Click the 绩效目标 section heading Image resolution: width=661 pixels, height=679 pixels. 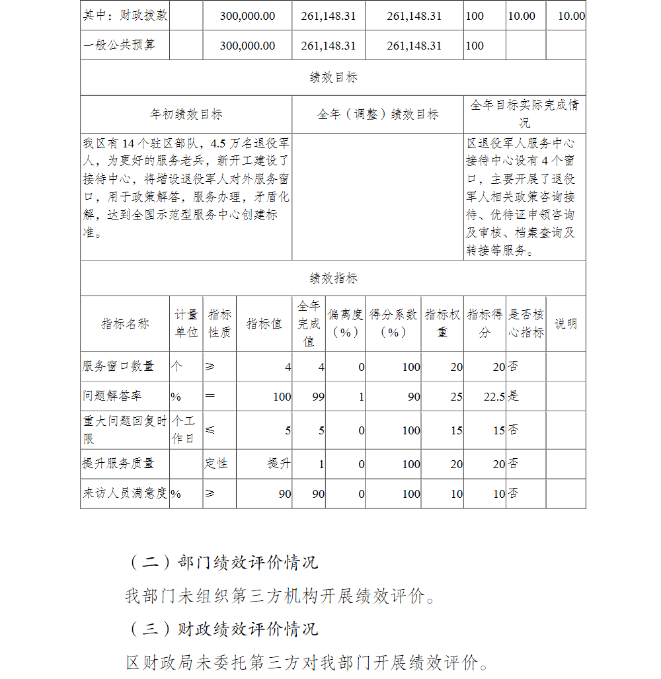point(333,77)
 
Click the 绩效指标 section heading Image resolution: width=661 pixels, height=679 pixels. point(333,278)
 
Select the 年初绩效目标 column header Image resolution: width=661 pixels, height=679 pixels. point(186,114)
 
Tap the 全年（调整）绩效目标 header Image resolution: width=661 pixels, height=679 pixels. point(377,114)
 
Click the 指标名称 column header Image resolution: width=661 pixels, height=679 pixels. point(125,323)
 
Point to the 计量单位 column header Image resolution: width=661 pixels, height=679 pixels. point(186,323)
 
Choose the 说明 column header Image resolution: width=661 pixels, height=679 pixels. point(565,323)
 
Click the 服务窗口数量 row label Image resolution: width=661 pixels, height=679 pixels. point(118,366)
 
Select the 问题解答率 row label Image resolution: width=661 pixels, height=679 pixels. point(112,396)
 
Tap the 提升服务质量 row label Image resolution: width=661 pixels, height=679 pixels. point(118,463)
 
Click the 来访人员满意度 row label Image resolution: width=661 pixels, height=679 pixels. point(125,493)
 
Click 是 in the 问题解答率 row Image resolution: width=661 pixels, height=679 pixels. point(513,396)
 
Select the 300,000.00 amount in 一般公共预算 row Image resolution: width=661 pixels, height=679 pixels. point(247,46)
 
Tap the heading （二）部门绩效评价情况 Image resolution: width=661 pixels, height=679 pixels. point(223,562)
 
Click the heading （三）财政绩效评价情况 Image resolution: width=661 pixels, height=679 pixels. point(223,629)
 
